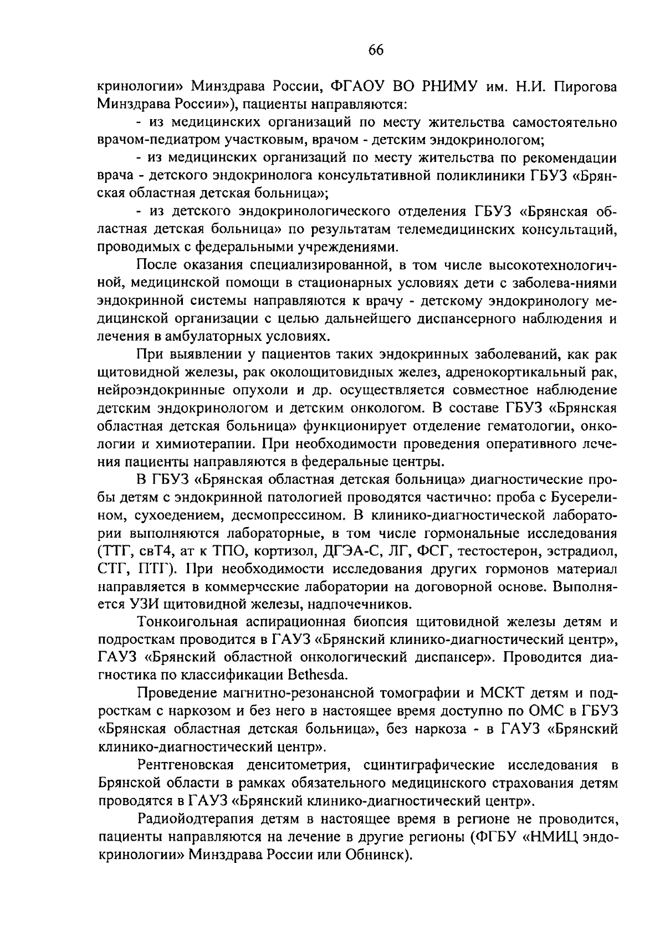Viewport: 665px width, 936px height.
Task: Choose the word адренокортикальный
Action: pyautogui.click(x=506, y=372)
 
